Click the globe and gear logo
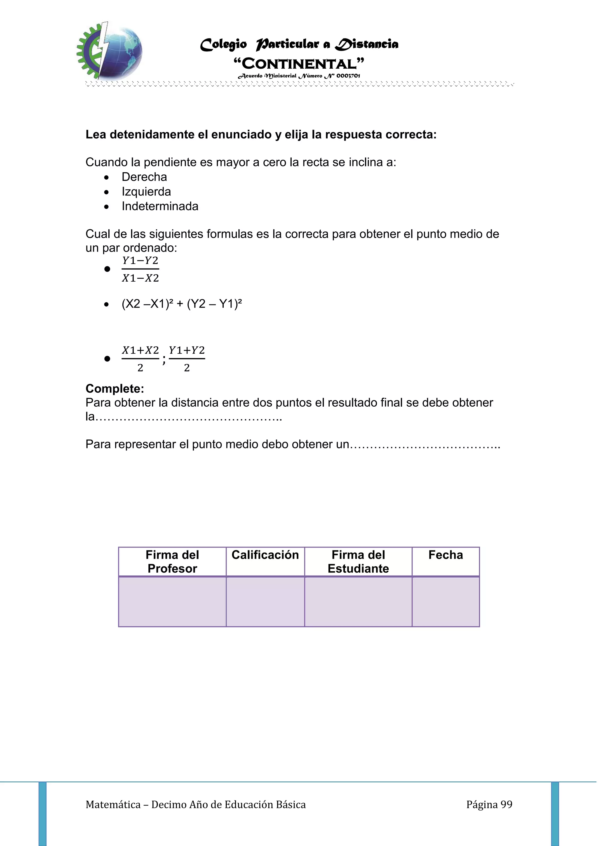coord(109,51)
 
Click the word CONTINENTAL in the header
coord(299,64)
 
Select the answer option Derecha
coord(144,177)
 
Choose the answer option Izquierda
coord(146,192)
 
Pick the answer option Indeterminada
coord(160,206)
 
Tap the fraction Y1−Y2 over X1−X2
coord(140,269)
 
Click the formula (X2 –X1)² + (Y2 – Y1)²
coord(182,304)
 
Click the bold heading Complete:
coord(114,389)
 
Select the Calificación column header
coord(265,555)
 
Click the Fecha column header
coord(446,555)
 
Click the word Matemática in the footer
coord(113,805)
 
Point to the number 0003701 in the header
coord(348,76)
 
